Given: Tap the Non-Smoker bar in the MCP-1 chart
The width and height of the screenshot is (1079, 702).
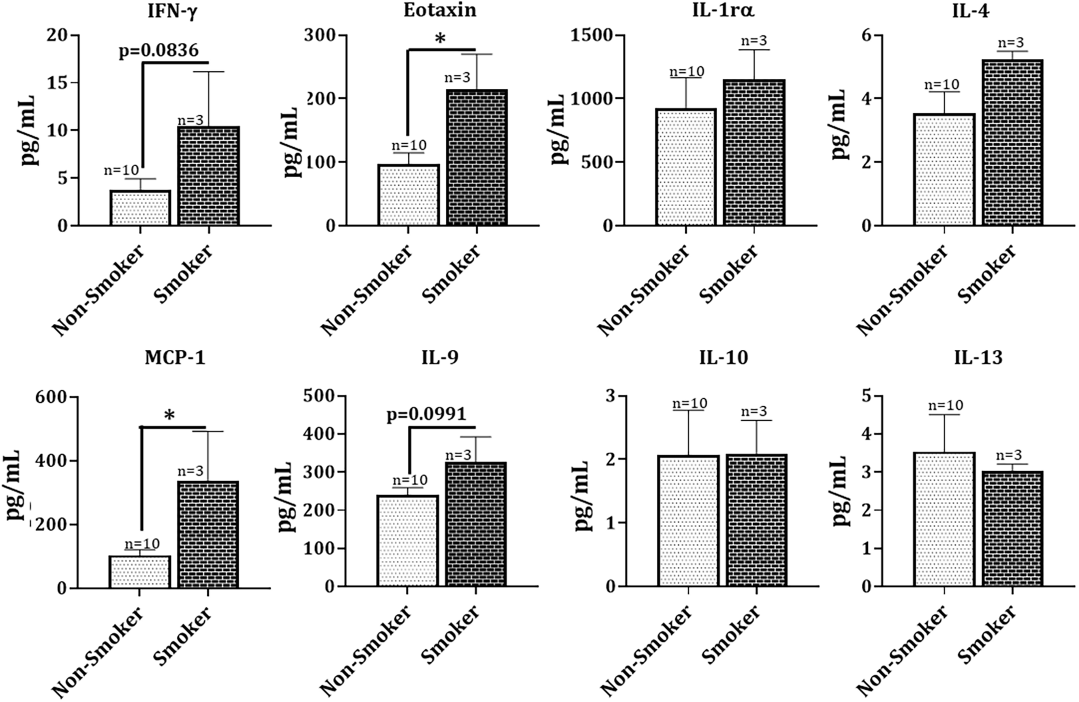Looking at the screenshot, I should (140, 571).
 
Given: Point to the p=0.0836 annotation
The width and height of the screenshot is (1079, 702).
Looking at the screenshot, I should (159, 51).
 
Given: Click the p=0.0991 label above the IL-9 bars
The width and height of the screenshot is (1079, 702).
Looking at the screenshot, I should (426, 414).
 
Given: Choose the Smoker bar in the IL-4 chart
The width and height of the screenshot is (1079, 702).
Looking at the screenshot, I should (1013, 142).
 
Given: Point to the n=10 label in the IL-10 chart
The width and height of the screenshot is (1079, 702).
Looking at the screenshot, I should (689, 403).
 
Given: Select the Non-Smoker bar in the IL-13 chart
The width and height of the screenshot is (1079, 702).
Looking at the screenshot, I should (944, 519).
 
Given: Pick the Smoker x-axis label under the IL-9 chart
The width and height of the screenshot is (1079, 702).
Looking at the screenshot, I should (451, 639).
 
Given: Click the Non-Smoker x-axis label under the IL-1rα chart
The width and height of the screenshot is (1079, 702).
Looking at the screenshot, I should (644, 290).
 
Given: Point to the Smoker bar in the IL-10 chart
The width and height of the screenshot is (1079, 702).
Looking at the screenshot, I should (756, 520).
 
